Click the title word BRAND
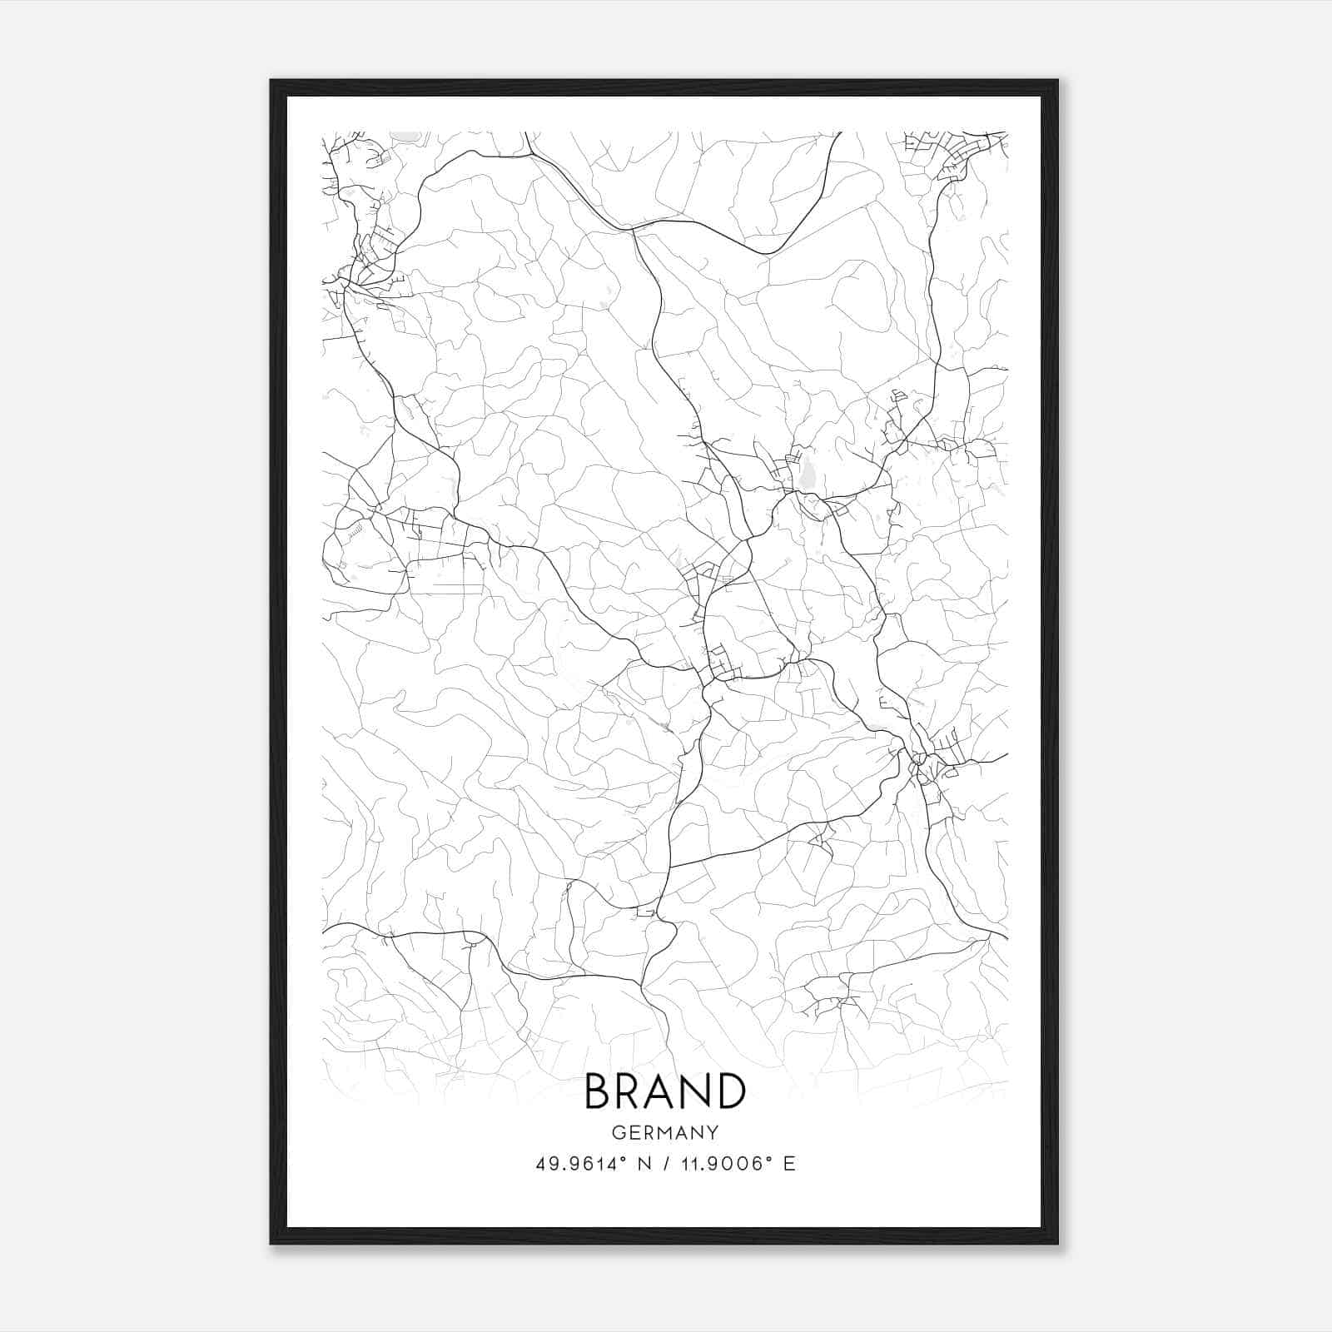(x=665, y=1091)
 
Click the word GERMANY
(x=665, y=1133)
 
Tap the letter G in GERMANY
(x=618, y=1133)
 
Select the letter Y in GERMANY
(x=713, y=1133)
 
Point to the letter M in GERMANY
(x=665, y=1133)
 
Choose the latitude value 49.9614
(x=575, y=1164)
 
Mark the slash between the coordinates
(x=664, y=1164)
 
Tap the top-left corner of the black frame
(x=271, y=82)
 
